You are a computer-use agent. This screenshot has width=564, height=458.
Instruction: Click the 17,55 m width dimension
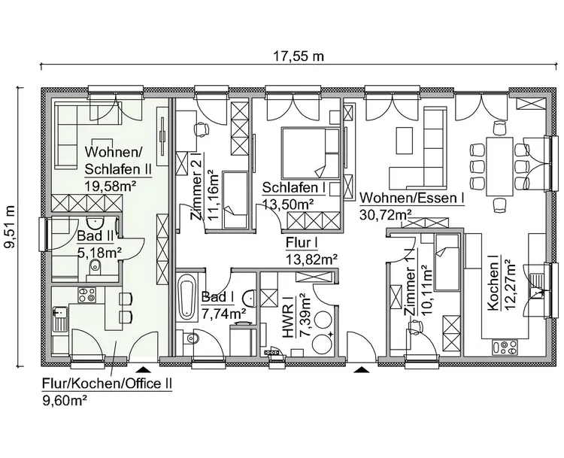pyautogui.click(x=299, y=55)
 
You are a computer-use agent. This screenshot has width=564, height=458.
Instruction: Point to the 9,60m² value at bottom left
pyautogui.click(x=66, y=400)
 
